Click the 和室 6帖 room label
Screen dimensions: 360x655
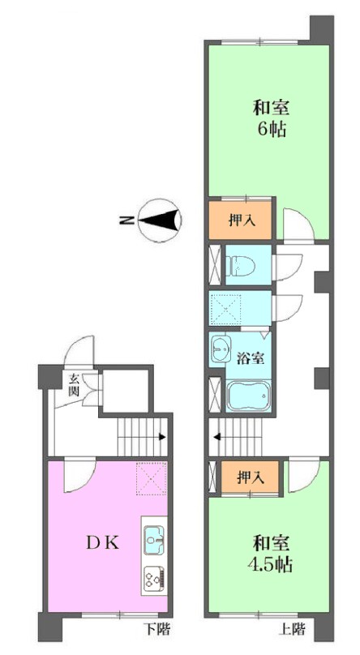[271, 118]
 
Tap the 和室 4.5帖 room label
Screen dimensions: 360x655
[270, 554]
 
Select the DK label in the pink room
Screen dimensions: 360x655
[103, 542]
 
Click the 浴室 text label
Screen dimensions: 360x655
[251, 358]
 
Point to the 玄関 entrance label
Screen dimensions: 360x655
[75, 385]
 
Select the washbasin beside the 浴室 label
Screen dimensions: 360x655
[221, 348]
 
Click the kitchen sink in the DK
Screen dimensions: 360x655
[155, 540]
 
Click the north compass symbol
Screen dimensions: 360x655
[159, 220]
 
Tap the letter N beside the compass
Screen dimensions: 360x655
[127, 220]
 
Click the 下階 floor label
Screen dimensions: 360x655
[157, 629]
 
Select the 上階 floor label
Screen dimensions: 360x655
[292, 629]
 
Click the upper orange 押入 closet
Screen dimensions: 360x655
[241, 220]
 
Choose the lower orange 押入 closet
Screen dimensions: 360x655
[250, 477]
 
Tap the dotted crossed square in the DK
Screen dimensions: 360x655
[152, 478]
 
